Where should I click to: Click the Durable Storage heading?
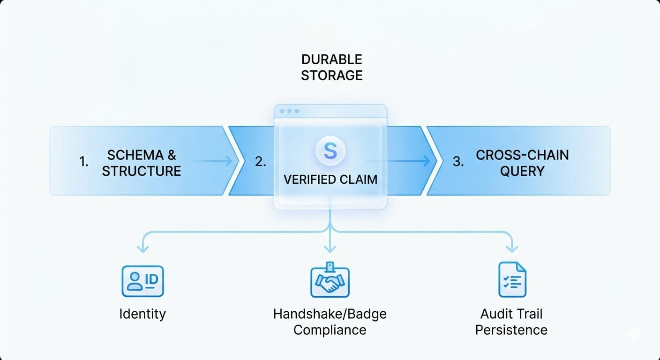tap(331, 67)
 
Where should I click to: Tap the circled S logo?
tap(330, 151)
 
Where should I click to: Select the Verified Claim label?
tap(330, 180)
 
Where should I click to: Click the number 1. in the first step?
tap(84, 162)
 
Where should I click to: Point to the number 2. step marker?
tap(261, 162)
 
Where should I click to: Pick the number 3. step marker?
tap(458, 162)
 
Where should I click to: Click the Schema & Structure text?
tap(142, 163)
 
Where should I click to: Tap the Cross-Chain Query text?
tap(522, 163)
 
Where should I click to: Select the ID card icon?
tap(142, 281)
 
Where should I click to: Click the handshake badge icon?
tap(330, 281)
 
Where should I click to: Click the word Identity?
tap(142, 314)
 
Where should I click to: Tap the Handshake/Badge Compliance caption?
tap(330, 322)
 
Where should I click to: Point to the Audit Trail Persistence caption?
tap(511, 322)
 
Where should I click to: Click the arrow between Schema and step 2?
tap(213, 161)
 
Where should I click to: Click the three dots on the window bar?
tap(289, 111)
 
